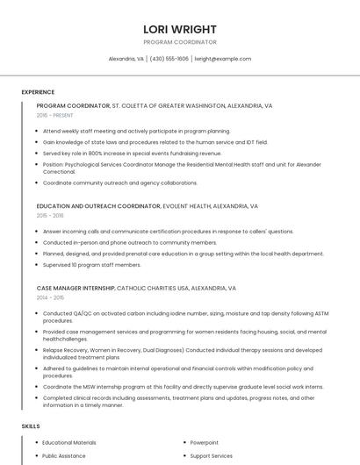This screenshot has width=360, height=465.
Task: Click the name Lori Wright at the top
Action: [179, 28]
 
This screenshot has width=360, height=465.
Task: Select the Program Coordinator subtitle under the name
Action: [179, 42]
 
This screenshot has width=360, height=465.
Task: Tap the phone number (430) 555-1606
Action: [169, 59]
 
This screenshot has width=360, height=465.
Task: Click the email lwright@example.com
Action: [223, 59]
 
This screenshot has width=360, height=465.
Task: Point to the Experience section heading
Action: [38, 92]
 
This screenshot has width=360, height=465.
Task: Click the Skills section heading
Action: [31, 426]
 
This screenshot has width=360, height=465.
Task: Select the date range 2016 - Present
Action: [54, 116]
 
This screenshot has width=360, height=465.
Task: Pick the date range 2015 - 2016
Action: [50, 216]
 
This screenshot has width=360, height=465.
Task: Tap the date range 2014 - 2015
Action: [50, 298]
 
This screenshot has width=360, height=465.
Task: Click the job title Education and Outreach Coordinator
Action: [98, 206]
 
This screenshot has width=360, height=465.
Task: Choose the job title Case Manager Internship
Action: [76, 288]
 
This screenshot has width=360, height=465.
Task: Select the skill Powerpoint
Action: [205, 443]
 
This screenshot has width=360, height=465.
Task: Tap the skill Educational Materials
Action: [69, 443]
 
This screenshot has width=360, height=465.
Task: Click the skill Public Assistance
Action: [64, 456]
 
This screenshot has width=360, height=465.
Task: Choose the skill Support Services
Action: [212, 456]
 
